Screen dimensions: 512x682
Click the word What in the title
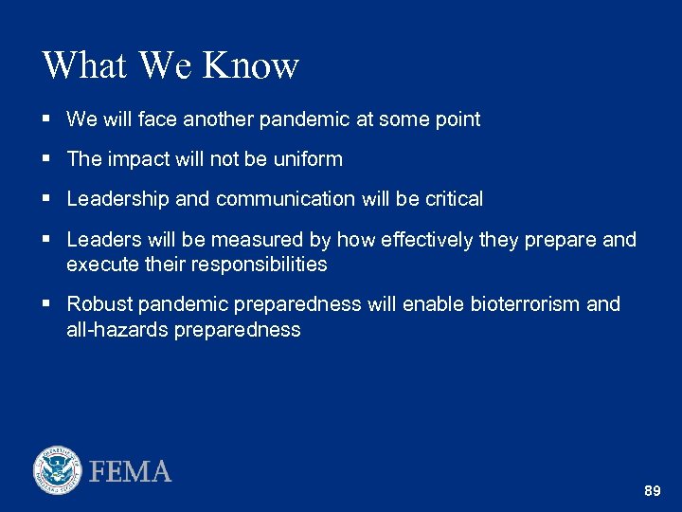(x=85, y=65)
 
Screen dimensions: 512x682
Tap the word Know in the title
(x=251, y=65)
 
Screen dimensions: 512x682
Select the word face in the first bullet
(x=157, y=119)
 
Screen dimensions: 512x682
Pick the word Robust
(x=99, y=304)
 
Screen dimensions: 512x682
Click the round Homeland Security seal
(x=58, y=470)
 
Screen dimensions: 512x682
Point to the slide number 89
(x=652, y=491)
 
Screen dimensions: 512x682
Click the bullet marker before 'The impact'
(x=47, y=159)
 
